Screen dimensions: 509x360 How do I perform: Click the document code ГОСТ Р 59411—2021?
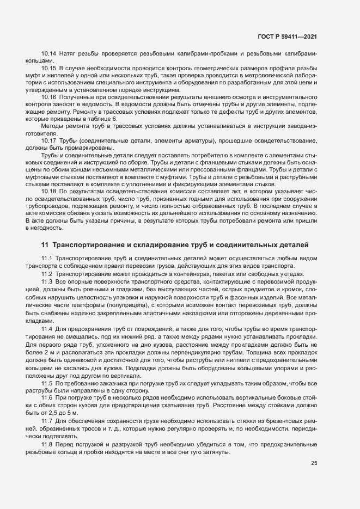tap(288, 36)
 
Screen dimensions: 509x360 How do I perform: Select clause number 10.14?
tap(49, 53)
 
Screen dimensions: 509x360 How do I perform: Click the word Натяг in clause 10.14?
tap(68, 53)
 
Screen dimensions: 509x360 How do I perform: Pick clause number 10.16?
tap(49, 96)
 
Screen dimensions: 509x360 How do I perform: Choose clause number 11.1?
tap(47, 257)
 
